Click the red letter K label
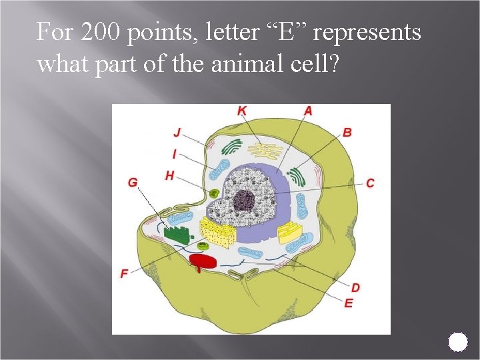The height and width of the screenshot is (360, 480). [x=241, y=111]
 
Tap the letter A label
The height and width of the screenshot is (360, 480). [x=307, y=111]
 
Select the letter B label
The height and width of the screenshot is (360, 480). [x=347, y=132]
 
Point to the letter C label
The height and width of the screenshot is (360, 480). [x=370, y=183]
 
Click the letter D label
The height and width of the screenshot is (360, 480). [x=355, y=287]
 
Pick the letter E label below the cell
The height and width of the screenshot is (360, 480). [x=349, y=303]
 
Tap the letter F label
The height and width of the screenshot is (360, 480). [x=125, y=273]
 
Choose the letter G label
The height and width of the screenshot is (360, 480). [x=133, y=182]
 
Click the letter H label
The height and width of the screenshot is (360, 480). [x=169, y=175]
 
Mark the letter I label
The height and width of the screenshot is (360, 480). [x=174, y=154]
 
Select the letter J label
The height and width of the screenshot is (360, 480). [x=177, y=131]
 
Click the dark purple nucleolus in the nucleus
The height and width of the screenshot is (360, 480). [x=244, y=200]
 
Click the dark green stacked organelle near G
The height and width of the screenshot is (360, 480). [x=177, y=233]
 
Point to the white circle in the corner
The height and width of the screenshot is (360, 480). [x=458, y=342]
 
